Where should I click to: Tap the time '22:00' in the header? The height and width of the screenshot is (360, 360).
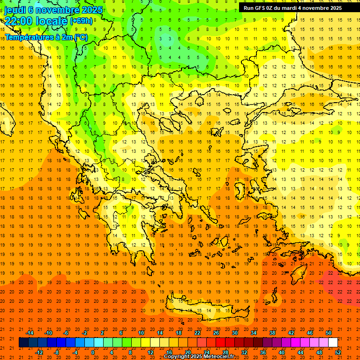pyautogui.click(x=18, y=21)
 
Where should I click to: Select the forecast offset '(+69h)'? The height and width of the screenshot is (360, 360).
pyautogui.click(x=81, y=21)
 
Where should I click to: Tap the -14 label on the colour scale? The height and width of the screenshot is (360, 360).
pyautogui.click(x=30, y=332)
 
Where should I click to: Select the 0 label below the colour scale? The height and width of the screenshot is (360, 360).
pyautogui.click(x=93, y=352)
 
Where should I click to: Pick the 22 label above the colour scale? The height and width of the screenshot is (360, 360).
pyautogui.click(x=197, y=332)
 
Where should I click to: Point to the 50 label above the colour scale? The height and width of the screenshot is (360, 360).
pyautogui.click(x=329, y=332)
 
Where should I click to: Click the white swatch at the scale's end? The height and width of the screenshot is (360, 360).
pyautogui.click(x=333, y=343)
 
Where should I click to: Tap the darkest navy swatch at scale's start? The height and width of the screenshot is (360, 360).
pyautogui.click(x=23, y=343)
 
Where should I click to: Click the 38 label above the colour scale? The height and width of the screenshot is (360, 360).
pyautogui.click(x=272, y=332)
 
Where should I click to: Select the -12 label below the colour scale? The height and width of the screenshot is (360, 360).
pyautogui.click(x=39, y=352)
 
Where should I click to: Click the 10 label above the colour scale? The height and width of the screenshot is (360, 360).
pyautogui.click(x=141, y=332)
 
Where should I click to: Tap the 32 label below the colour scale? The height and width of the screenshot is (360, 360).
pyautogui.click(x=244, y=352)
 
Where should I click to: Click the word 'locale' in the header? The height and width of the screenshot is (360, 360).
pyautogui.click(x=51, y=21)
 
